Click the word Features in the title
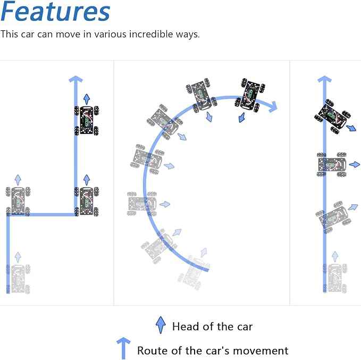pos(55,11)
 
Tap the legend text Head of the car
pos(212,326)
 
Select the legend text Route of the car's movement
pos(213,351)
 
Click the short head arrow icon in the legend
pos(161,325)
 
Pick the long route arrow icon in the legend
pos(123,348)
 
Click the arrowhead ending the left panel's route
pos(75,79)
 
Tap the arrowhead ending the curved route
pos(273,107)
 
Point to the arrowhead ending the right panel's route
pos(324,79)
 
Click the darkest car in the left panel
pos(87,120)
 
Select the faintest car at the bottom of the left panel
pos(18,279)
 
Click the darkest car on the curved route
pos(250,96)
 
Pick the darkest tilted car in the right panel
pos(333,117)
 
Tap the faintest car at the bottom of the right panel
pos(335,278)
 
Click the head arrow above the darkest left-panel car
pos(87,99)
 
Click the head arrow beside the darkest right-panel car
pos(352,128)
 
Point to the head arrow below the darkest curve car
pos(241,118)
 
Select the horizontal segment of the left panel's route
pos(42,215)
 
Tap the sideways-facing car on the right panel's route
pos(332,164)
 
